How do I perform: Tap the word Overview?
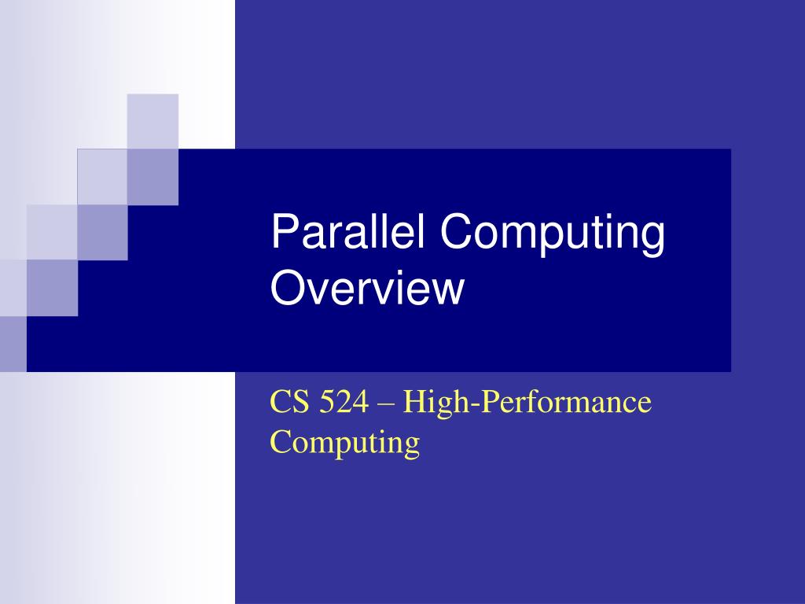pyautogui.click(x=367, y=288)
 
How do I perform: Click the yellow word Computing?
pyautogui.click(x=345, y=442)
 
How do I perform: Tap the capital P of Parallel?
pyautogui.click(x=282, y=234)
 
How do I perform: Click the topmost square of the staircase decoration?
pyautogui.click(x=153, y=120)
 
